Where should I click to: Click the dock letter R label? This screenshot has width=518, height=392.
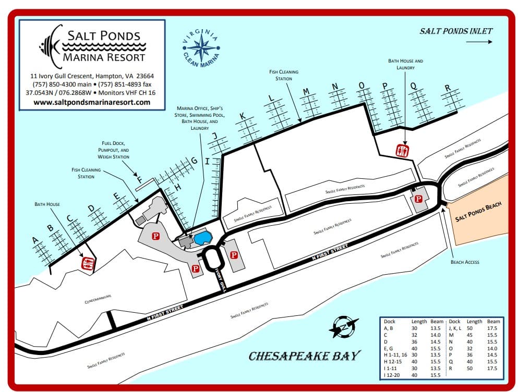click(447, 88)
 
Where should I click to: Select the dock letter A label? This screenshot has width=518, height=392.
click(35, 240)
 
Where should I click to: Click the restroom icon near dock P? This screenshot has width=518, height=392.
click(402, 150)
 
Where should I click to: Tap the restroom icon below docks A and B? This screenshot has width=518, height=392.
click(88, 263)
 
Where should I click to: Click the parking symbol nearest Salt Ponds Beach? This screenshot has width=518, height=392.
click(418, 199)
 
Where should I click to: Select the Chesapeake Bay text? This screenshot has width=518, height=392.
click(304, 356)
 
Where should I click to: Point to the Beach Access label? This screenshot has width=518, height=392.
click(465, 262)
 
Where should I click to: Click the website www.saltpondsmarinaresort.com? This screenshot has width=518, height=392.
click(92, 102)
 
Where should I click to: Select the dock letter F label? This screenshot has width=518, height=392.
click(139, 180)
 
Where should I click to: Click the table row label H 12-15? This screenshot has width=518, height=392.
click(392, 360)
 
